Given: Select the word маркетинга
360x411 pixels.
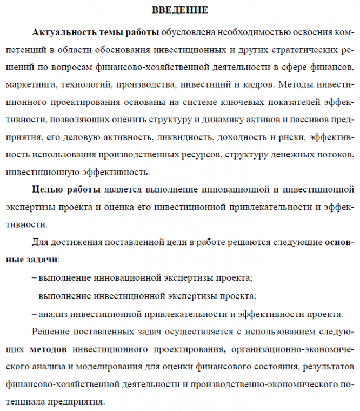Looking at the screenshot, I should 31,85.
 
